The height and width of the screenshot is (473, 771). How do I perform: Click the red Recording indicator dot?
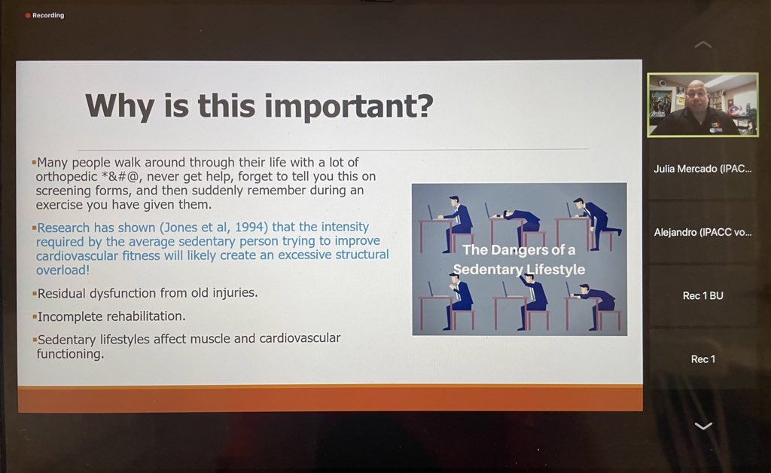(x=28, y=15)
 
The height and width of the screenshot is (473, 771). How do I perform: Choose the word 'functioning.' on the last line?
(x=70, y=353)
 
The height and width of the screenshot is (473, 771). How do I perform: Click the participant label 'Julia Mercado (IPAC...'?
(x=702, y=169)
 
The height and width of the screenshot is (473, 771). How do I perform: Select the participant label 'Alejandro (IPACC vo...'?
(x=702, y=233)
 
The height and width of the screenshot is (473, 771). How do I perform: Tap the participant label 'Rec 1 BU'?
(x=702, y=296)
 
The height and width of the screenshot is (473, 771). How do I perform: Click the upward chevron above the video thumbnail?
(x=702, y=45)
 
